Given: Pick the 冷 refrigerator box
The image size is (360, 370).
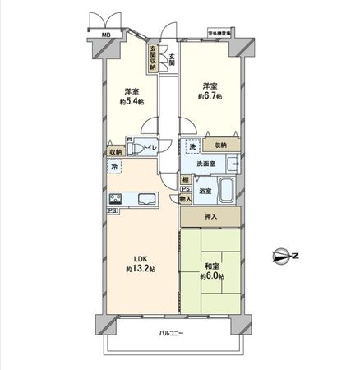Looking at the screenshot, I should pyautogui.click(x=113, y=167).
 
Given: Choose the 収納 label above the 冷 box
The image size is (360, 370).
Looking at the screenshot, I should pyautogui.click(x=113, y=152).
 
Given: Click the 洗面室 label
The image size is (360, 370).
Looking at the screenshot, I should pyautogui.click(x=204, y=163).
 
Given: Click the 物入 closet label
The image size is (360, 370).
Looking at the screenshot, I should pyautogui.click(x=186, y=198).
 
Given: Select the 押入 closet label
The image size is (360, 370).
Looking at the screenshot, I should pyautogui.click(x=210, y=216).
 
